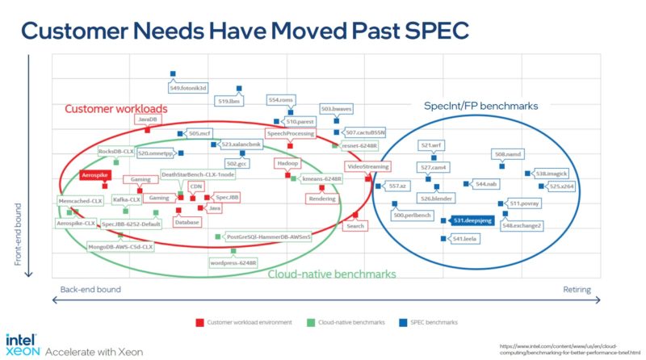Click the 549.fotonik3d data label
187,87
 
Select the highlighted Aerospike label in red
94,174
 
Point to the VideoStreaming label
367,166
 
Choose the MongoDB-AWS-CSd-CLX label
120,247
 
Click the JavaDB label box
148,119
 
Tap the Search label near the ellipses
355,226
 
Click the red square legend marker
199,322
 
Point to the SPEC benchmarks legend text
434,322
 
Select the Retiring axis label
577,289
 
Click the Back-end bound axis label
90,289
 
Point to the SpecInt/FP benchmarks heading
481,106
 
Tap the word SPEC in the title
425,31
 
